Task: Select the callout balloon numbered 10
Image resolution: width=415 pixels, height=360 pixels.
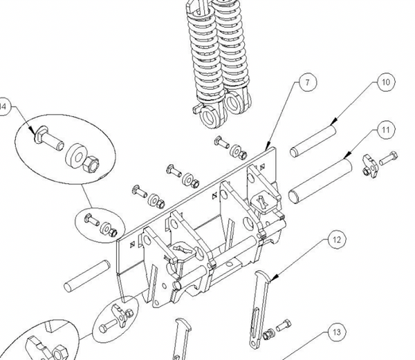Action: coord(385,82)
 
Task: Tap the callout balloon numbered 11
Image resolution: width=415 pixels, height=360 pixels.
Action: coord(385,129)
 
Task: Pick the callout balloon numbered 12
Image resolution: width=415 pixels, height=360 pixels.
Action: coord(335,240)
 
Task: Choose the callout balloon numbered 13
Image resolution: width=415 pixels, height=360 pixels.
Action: coord(335,332)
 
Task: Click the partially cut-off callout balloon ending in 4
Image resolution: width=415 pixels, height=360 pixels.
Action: coord(4,107)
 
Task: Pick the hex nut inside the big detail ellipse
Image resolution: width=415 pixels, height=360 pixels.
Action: coord(91,165)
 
